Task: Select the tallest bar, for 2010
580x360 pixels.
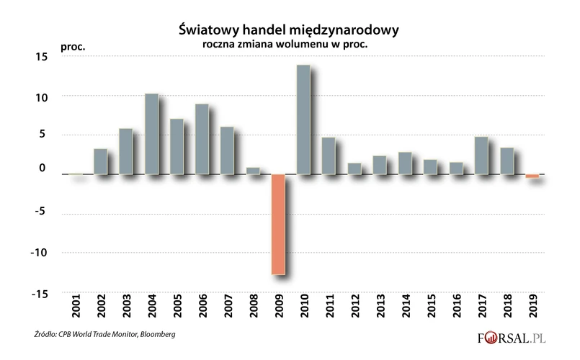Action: (x=303, y=120)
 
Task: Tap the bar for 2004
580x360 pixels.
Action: (x=151, y=134)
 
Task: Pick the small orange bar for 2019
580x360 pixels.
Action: (x=532, y=176)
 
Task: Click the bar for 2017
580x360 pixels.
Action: (x=481, y=156)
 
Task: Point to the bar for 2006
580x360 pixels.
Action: (x=202, y=139)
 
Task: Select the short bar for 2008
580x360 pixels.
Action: (x=253, y=171)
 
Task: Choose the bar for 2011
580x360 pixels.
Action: (x=329, y=156)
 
